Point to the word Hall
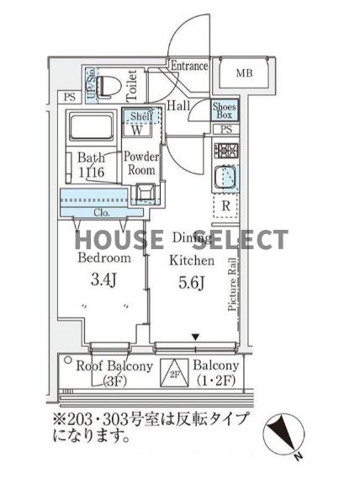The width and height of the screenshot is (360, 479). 177,106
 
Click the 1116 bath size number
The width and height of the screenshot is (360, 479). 91,172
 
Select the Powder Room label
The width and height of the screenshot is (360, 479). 141,163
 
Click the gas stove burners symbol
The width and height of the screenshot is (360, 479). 226,152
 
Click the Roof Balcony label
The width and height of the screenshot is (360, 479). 114,366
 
